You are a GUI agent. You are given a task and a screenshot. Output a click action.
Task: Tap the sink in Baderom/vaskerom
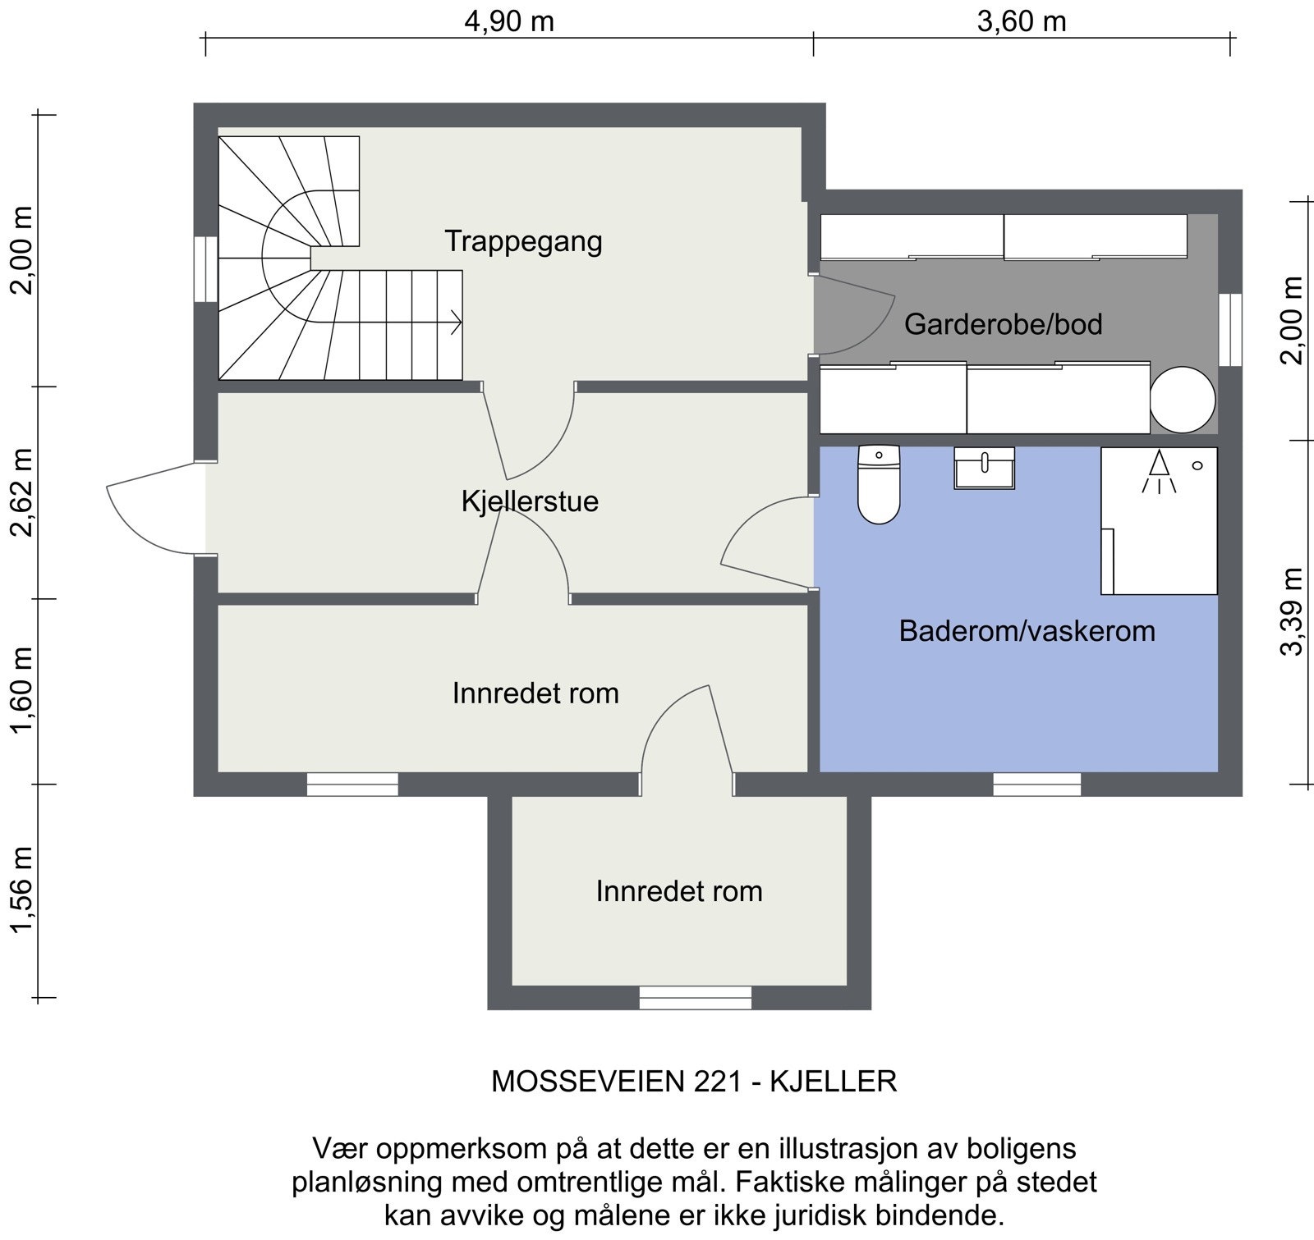(984, 468)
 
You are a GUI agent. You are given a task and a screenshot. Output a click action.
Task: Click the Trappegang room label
(523, 241)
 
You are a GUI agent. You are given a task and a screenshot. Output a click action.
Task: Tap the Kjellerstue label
(530, 501)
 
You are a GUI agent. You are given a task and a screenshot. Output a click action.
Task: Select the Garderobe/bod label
(1003, 324)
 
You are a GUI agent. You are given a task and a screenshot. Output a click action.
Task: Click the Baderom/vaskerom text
(1027, 631)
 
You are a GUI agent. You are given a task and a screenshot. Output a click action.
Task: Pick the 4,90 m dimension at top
(509, 21)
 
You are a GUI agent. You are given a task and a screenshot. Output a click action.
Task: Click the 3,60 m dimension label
(1021, 21)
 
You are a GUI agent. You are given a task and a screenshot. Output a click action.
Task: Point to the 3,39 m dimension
(1292, 611)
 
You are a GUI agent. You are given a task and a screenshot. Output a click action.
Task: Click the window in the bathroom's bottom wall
(1036, 785)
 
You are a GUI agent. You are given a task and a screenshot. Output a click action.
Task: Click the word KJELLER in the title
(833, 1082)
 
